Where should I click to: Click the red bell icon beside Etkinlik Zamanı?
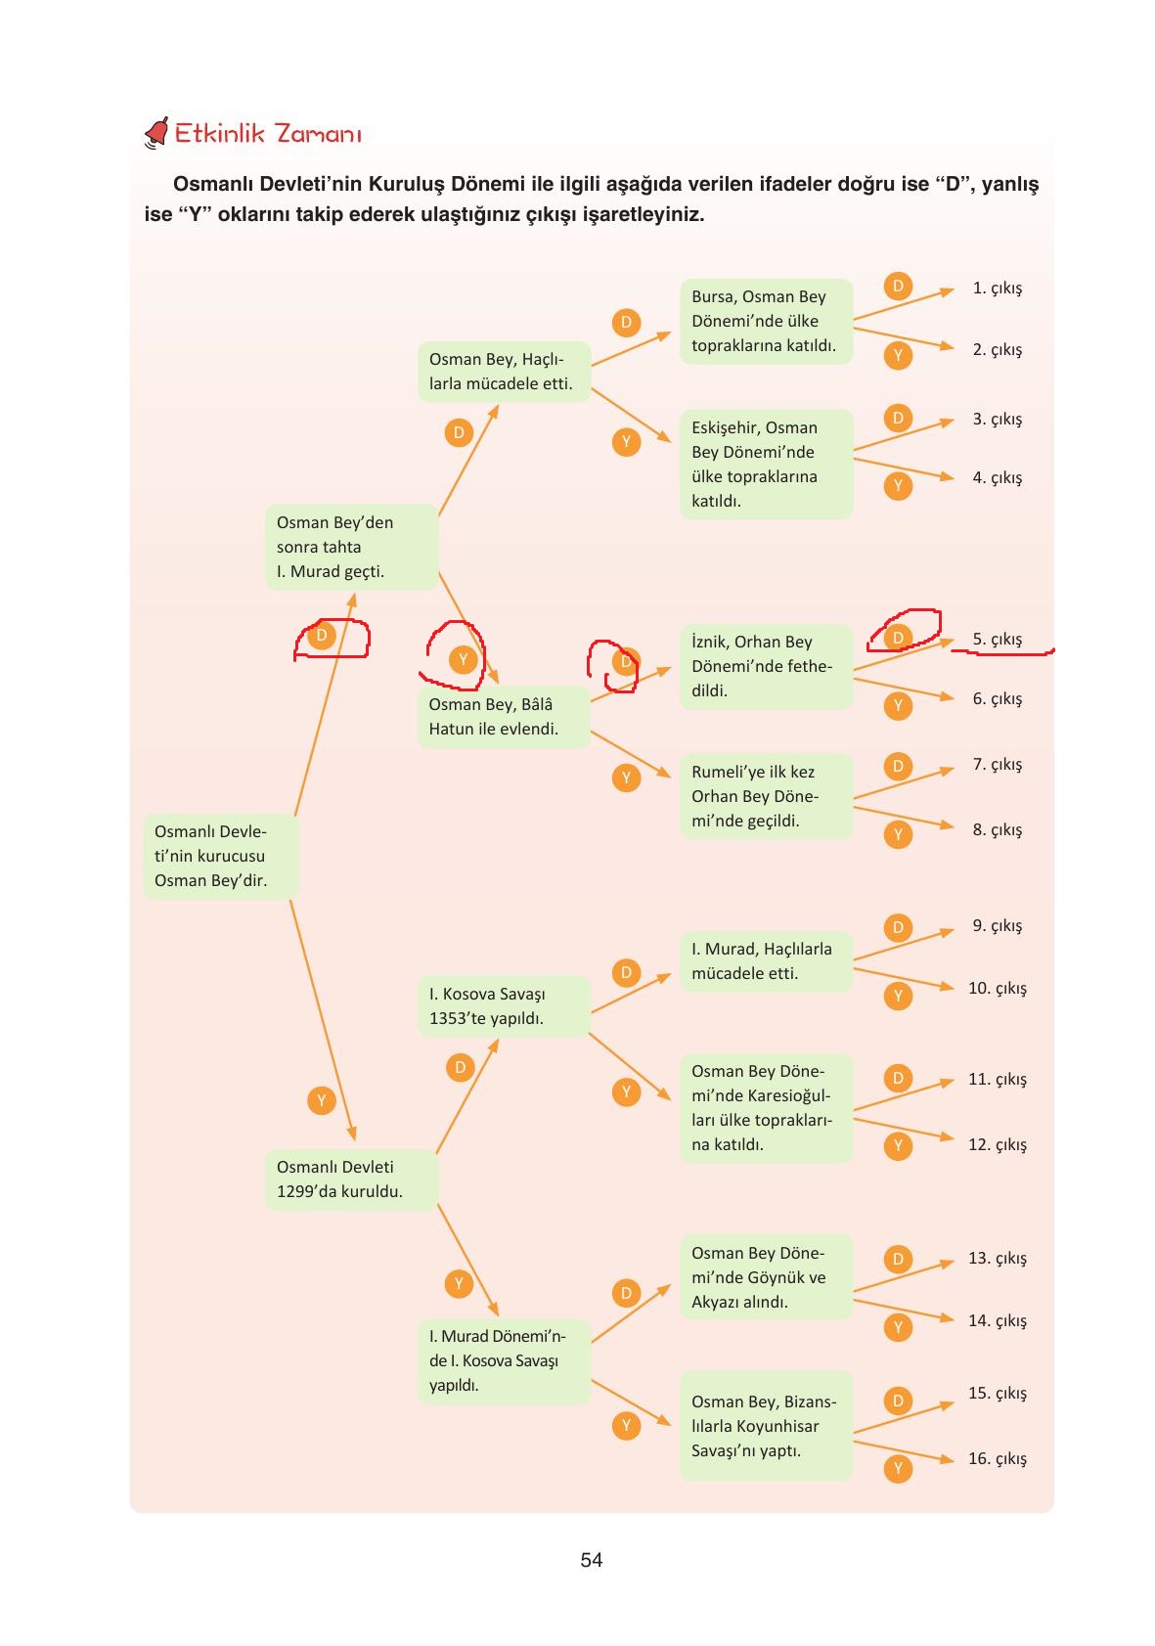156,133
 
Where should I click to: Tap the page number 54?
591,1560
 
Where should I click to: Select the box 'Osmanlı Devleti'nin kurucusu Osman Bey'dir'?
220,856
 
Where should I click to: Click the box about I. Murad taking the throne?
351,547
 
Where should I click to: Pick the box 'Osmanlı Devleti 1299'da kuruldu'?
351,1179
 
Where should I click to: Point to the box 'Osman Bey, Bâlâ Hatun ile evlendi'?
503,717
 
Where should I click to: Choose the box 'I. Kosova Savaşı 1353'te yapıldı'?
503,1005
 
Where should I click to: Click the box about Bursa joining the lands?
766,321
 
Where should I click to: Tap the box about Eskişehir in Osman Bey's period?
766,464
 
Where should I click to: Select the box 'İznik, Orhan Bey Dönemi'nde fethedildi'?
766,666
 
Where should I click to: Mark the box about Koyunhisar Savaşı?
766,1426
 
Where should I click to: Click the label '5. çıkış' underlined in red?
997,640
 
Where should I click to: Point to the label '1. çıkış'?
997,289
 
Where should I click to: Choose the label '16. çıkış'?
997,1458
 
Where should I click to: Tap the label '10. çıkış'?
997,988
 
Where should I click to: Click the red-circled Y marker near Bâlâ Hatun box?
463,660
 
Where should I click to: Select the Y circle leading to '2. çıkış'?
898,355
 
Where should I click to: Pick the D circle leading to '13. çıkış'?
898,1259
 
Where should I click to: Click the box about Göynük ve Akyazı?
766,1277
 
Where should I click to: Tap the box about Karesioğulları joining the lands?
766,1108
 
